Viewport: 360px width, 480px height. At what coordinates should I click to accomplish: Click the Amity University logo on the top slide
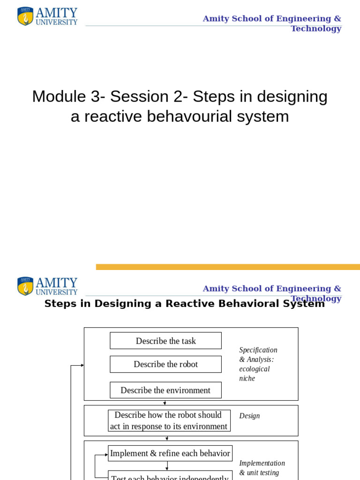tap(47, 16)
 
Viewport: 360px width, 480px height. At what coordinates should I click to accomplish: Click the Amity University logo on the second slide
tap(47, 286)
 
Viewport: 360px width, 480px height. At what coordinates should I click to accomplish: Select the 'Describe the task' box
tap(165, 341)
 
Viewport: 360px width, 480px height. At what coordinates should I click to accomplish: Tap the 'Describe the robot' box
tap(165, 364)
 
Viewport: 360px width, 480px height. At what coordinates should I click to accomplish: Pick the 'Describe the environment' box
tap(165, 390)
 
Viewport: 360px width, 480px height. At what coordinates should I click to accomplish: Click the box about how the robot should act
tap(169, 420)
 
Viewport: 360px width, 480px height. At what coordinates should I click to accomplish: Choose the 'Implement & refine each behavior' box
tap(170, 453)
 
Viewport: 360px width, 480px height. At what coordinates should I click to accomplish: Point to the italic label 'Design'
tap(249, 416)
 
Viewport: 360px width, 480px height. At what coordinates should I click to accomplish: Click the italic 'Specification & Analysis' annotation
tap(258, 355)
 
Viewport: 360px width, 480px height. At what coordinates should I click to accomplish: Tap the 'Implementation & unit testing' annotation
tap(262, 468)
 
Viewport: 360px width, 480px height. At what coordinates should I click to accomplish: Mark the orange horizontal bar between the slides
tap(228, 267)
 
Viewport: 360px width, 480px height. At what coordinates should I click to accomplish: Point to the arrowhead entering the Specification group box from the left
tap(82, 365)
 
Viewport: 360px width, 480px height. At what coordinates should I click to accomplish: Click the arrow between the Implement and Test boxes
tap(167, 466)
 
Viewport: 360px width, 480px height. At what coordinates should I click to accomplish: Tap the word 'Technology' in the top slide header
tap(316, 29)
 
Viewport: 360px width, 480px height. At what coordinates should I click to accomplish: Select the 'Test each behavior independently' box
tap(170, 476)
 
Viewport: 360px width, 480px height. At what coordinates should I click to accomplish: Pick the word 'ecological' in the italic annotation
tap(255, 369)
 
